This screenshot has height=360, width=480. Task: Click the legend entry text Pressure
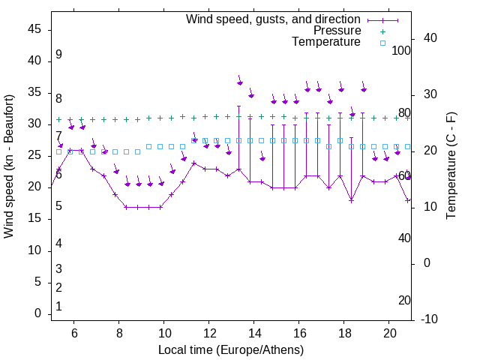337,31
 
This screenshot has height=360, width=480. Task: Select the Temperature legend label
326,42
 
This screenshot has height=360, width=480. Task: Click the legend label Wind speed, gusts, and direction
273,19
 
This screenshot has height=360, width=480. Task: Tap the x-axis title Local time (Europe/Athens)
231,350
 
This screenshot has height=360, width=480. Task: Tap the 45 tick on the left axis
34,29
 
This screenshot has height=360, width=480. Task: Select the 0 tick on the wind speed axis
39,313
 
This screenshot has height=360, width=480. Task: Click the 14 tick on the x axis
254,332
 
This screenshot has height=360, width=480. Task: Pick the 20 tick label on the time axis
389,332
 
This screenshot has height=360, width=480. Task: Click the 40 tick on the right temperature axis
430,38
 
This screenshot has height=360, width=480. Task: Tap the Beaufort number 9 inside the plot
58,55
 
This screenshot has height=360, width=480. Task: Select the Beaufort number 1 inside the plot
58,307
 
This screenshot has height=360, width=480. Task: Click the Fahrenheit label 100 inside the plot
401,50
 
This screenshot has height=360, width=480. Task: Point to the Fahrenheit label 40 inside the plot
404,238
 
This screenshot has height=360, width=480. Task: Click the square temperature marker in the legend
382,43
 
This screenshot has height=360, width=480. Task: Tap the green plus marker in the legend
382,31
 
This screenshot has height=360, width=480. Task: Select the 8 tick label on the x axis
119,332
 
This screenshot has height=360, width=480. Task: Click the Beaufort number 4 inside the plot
58,244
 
